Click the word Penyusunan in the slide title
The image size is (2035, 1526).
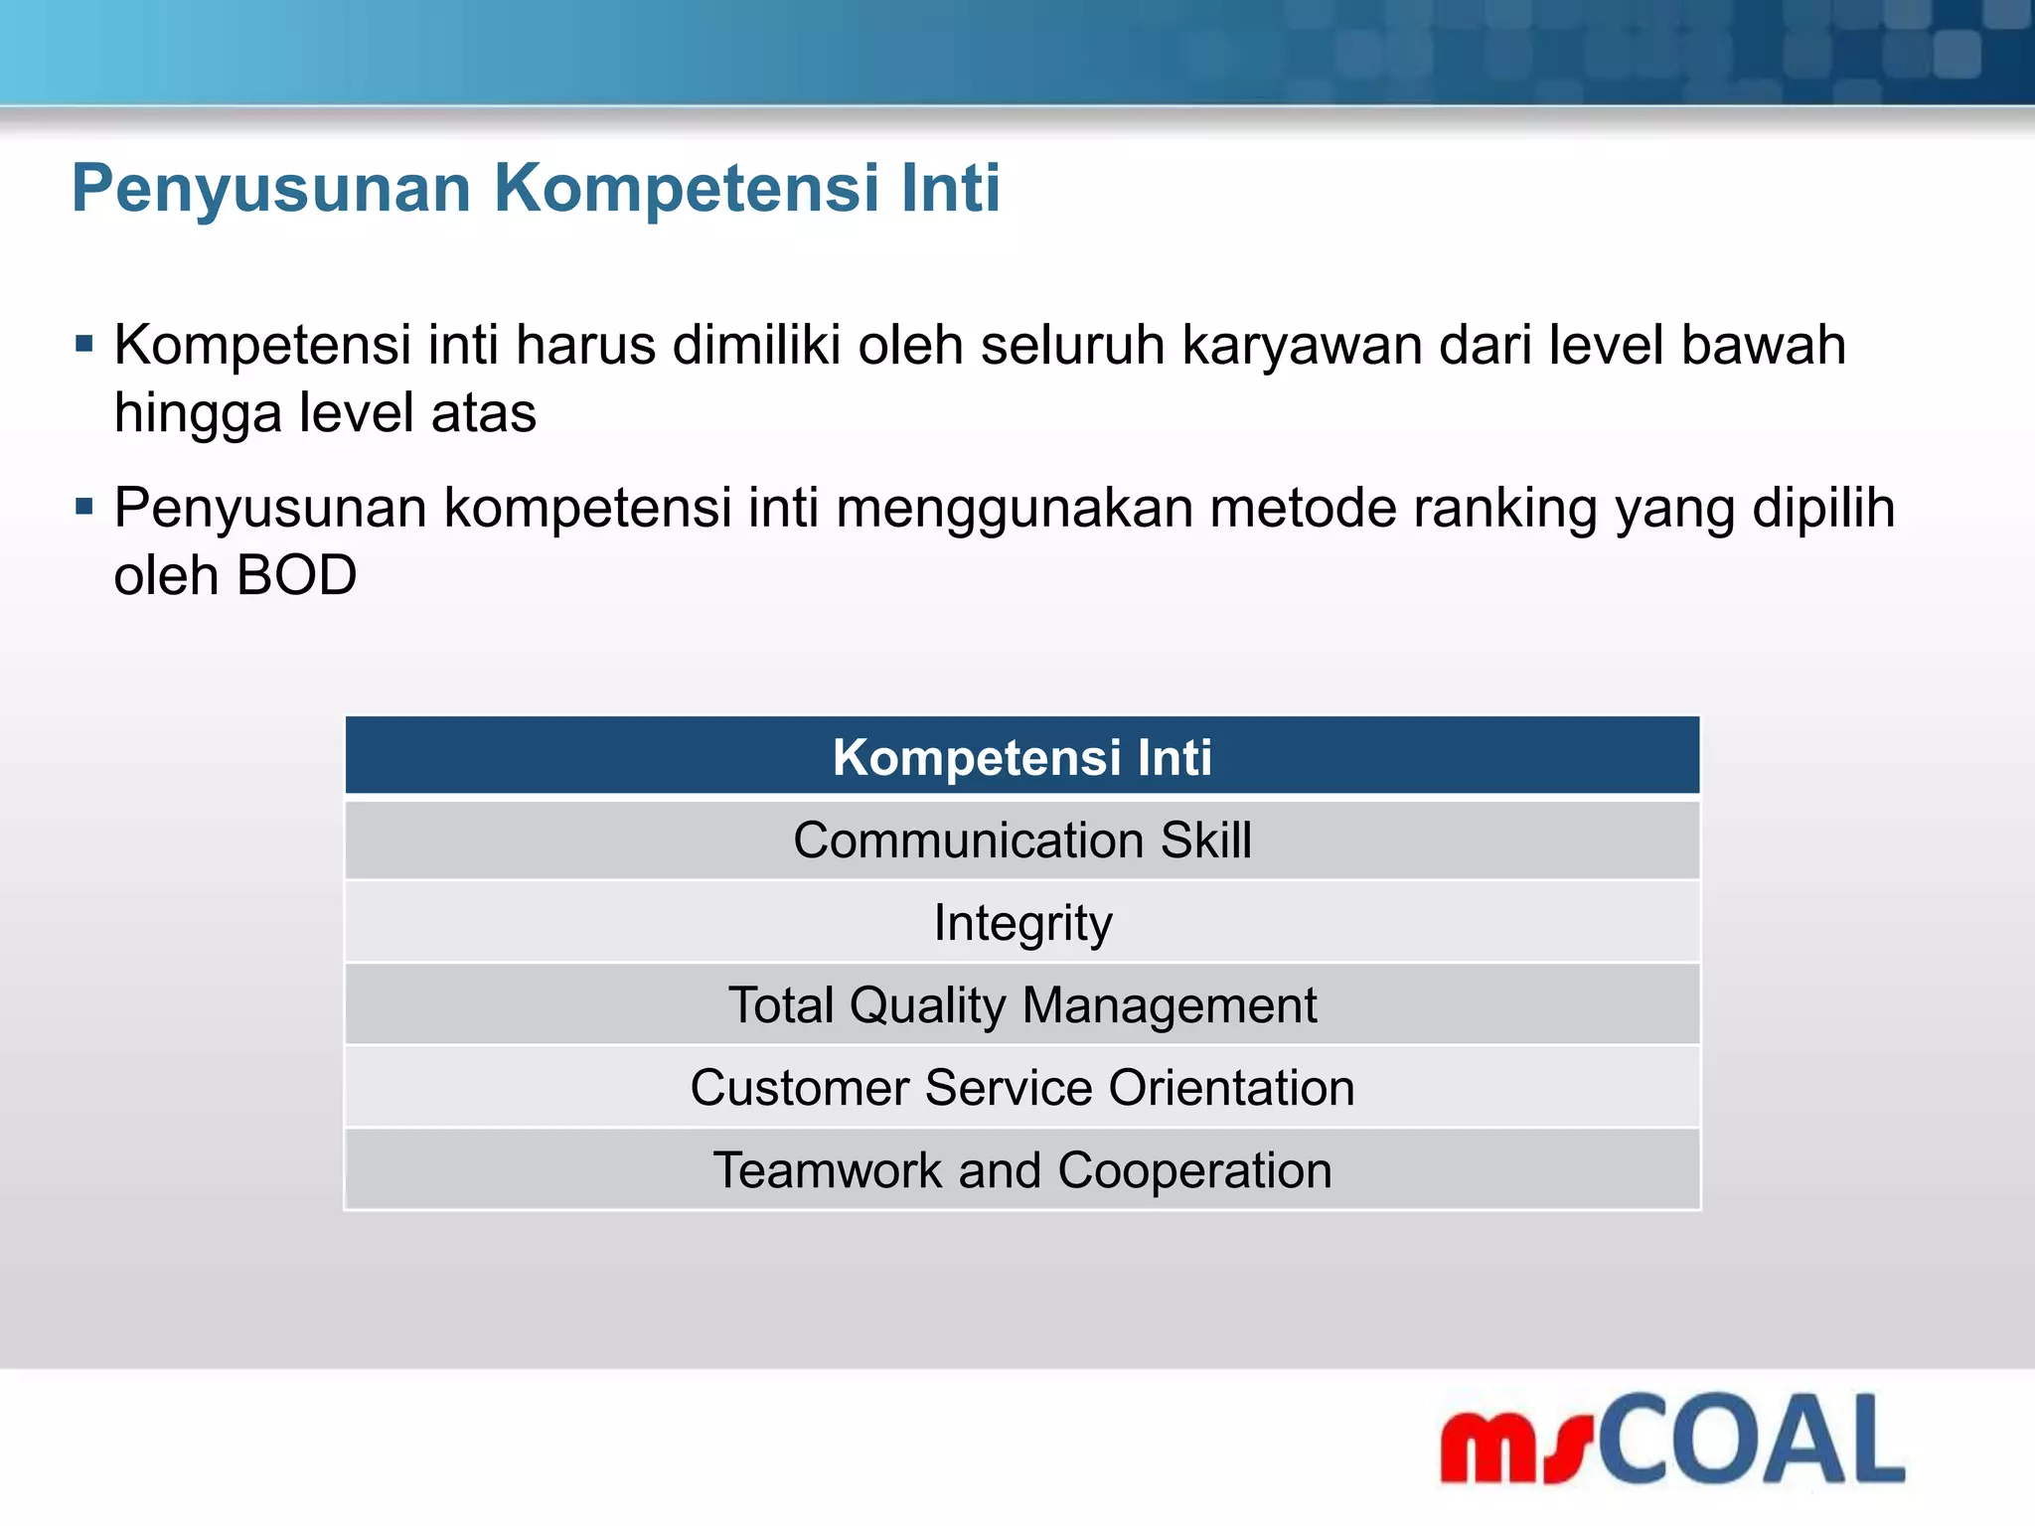coord(270,189)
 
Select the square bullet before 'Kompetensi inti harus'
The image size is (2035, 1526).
coord(84,346)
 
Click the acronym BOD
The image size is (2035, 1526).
coord(296,576)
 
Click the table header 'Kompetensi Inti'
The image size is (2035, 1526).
coord(1021,757)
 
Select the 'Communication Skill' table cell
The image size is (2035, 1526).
coord(1021,840)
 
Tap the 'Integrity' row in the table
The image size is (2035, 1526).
coord(1021,924)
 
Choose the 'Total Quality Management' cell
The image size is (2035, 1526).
coord(1021,1005)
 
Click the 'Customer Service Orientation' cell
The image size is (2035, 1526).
coord(1021,1088)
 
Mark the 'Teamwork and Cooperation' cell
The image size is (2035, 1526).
coord(1021,1170)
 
